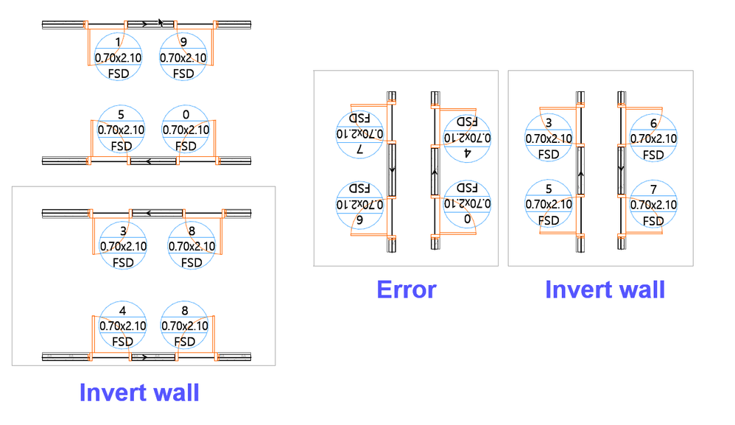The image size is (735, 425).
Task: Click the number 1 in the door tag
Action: (119, 43)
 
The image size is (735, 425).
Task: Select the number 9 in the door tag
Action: (183, 43)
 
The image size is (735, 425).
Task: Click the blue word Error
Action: (406, 289)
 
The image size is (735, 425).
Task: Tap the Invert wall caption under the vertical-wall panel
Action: (605, 289)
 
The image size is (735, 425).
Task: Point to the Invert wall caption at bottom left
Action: (139, 392)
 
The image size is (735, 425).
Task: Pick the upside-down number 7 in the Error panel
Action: (360, 150)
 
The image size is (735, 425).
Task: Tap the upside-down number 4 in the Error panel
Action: (467, 154)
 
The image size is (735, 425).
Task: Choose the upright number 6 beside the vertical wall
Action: (653, 122)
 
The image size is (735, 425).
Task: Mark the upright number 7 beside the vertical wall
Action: (653, 189)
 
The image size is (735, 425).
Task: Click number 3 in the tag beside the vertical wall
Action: (549, 122)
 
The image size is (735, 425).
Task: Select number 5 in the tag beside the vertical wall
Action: (549, 189)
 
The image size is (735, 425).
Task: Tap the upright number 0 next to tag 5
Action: (185, 114)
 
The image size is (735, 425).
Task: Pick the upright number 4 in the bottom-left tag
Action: (123, 310)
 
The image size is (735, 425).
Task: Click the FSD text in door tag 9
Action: (183, 74)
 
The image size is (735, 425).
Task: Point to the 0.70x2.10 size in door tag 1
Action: (119, 58)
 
